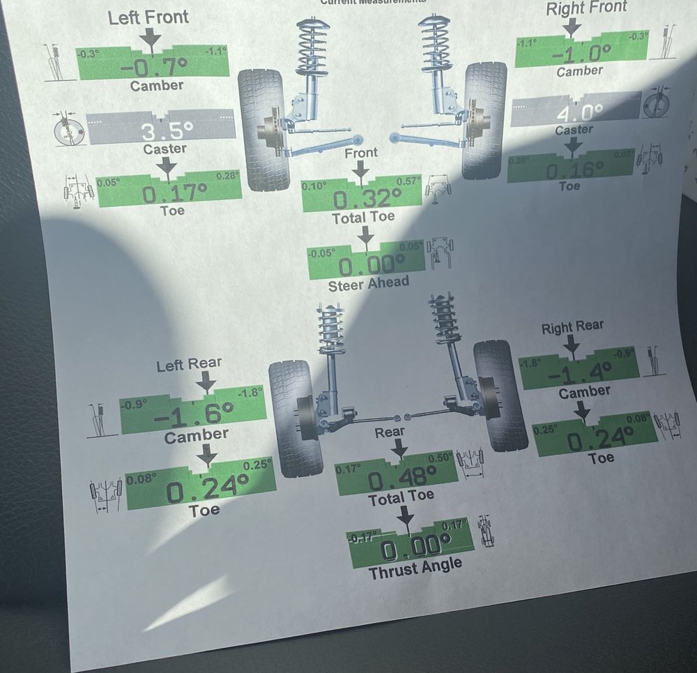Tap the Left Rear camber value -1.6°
tap(193, 415)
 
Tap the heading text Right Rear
tap(572, 326)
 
